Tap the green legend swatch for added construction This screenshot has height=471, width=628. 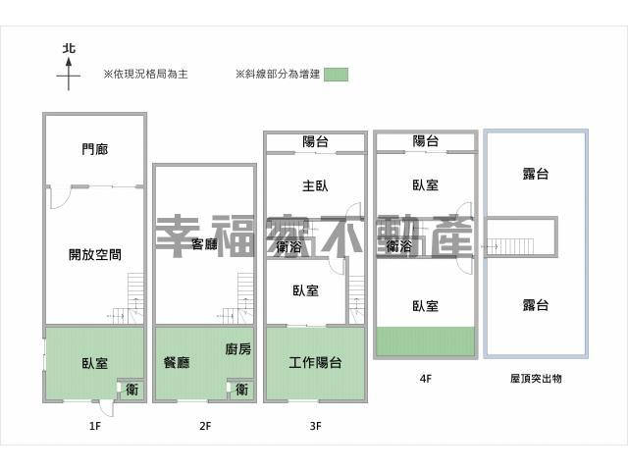336,74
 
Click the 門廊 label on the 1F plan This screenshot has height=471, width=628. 95,150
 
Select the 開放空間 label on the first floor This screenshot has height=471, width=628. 95,254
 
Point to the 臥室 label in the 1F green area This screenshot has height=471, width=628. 94,362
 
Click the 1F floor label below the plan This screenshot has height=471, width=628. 95,426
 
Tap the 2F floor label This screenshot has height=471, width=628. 204,426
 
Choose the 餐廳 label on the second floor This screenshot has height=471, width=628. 178,362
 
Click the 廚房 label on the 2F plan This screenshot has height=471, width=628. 237,348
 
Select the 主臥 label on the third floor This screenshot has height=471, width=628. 315,184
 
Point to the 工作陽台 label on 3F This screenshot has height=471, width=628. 315,362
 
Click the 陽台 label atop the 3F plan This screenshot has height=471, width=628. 315,142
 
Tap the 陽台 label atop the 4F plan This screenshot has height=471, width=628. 425,141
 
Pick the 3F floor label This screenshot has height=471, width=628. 315,426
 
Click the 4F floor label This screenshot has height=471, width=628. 425,377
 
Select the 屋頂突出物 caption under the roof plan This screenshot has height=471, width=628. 536,377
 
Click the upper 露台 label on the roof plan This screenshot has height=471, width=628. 535,174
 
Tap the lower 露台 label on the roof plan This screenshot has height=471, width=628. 535,305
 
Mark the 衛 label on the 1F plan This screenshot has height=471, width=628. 131,390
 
